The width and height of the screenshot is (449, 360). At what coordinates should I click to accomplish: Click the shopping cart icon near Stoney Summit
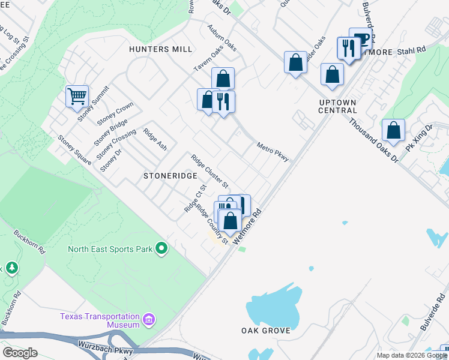(x=77, y=96)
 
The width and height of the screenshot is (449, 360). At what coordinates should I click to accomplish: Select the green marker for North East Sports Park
(x=161, y=248)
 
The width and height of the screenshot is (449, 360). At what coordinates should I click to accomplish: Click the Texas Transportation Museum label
(x=99, y=320)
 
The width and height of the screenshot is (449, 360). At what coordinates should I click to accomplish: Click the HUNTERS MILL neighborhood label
(x=160, y=49)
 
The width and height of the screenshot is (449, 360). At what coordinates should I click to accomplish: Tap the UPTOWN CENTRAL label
(x=338, y=106)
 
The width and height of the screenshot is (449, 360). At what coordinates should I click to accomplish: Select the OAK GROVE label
(x=266, y=331)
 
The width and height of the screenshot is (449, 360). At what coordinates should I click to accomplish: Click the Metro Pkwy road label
(x=273, y=152)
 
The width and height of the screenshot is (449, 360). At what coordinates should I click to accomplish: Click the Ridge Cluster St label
(x=209, y=170)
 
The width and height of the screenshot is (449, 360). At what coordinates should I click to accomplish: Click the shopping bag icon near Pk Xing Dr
(x=393, y=130)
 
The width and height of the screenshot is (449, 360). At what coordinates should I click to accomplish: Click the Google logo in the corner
(x=20, y=353)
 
